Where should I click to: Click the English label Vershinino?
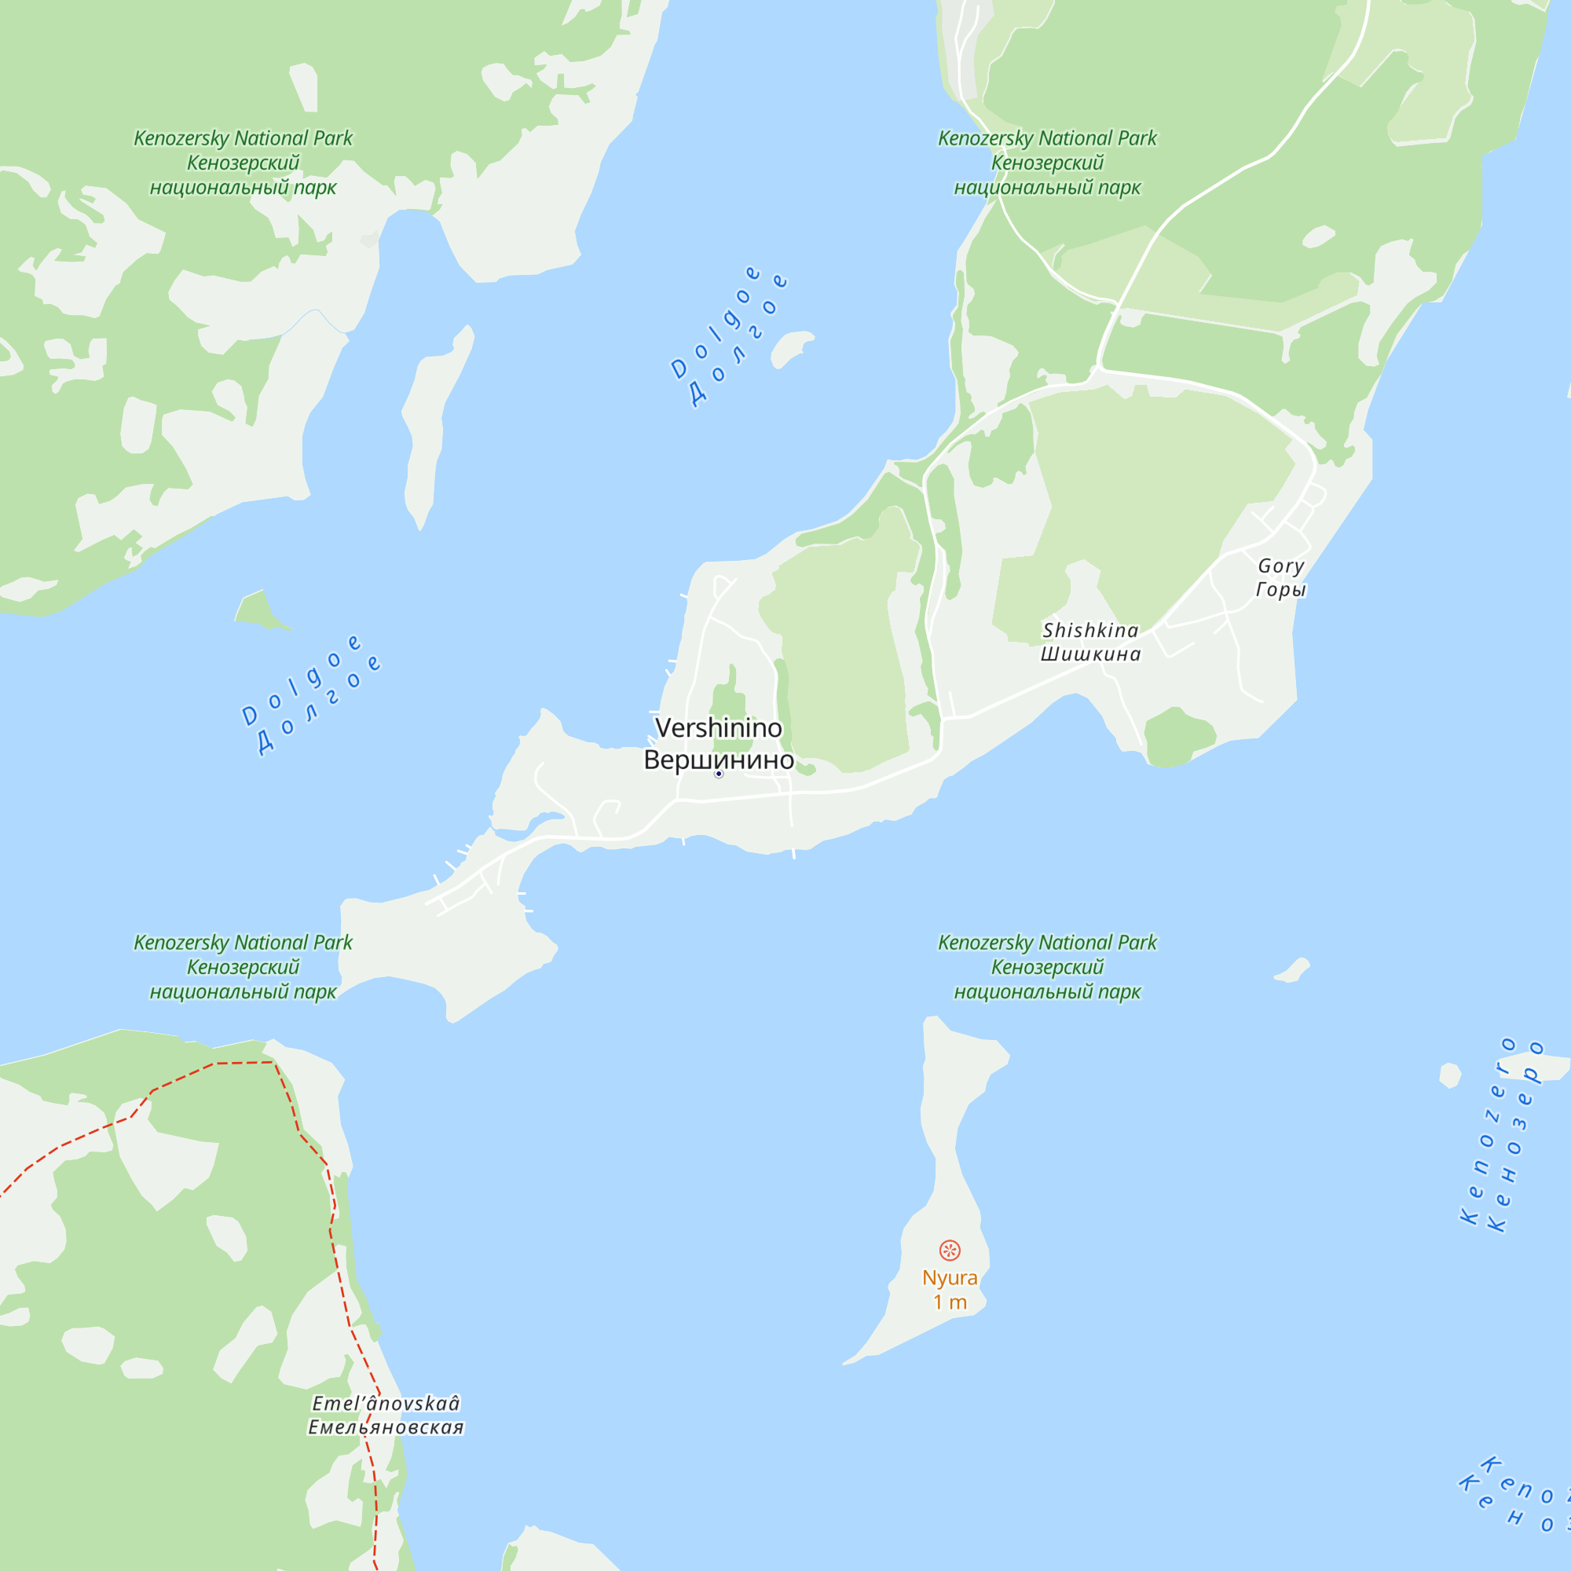click(718, 728)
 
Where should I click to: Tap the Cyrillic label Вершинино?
click(718, 760)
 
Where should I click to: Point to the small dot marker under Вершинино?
click(719, 775)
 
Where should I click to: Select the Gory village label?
click(1280, 566)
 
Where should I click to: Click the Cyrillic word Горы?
click(1280, 590)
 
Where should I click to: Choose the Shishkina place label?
click(1090, 630)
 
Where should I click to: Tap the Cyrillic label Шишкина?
click(1090, 654)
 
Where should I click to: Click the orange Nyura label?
click(950, 1277)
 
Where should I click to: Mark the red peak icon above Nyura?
click(950, 1251)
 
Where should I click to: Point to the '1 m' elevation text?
click(950, 1302)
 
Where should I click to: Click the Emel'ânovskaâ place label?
click(386, 1404)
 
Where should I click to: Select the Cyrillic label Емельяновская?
click(386, 1427)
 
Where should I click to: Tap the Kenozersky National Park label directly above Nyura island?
click(1047, 967)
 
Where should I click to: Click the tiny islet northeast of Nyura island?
click(1293, 970)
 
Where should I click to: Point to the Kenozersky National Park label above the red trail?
click(244, 967)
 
